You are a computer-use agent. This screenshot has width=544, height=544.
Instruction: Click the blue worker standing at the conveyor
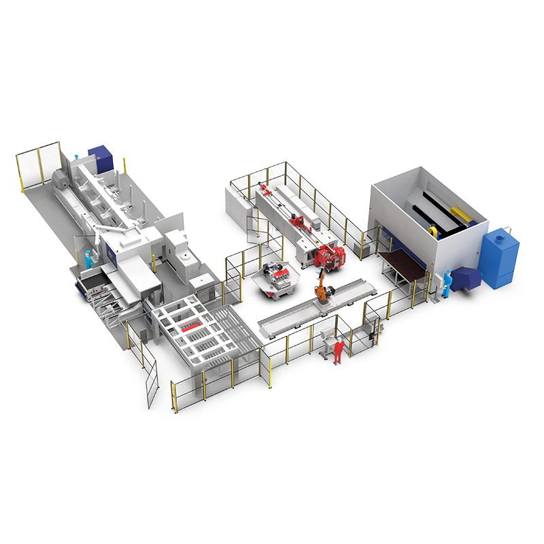click(x=88, y=259)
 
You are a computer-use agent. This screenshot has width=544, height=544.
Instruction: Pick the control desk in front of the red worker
click(x=327, y=335)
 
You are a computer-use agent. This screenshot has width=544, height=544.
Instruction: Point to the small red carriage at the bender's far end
click(x=264, y=186)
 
